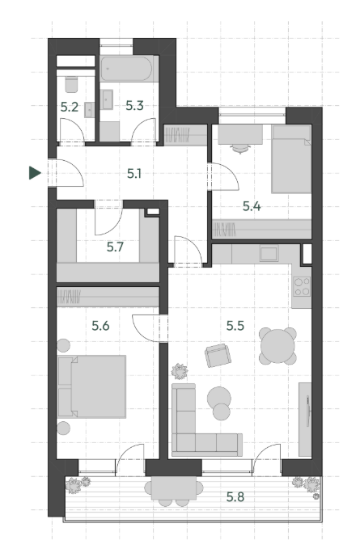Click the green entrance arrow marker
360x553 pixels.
[34, 173]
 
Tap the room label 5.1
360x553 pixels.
[134, 174]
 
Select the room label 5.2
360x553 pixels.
[70, 107]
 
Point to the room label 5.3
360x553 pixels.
[134, 105]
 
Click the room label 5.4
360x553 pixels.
[252, 206]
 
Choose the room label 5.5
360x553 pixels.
[235, 326]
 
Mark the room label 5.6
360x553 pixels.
[100, 326]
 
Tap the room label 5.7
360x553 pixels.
[115, 247]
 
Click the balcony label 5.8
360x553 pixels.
[235, 497]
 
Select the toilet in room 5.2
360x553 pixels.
[71, 83]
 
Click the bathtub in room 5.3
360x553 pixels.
[127, 69]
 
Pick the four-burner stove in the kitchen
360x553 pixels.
[302, 287]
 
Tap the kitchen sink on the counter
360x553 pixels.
[269, 253]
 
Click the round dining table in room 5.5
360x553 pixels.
[277, 346]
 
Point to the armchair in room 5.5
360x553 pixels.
[218, 356]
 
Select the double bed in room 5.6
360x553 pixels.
[91, 386]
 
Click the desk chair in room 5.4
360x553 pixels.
[240, 149]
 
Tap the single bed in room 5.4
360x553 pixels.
[291, 159]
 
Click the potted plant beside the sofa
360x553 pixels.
[180, 371]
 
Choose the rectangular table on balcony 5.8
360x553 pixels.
[174, 488]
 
